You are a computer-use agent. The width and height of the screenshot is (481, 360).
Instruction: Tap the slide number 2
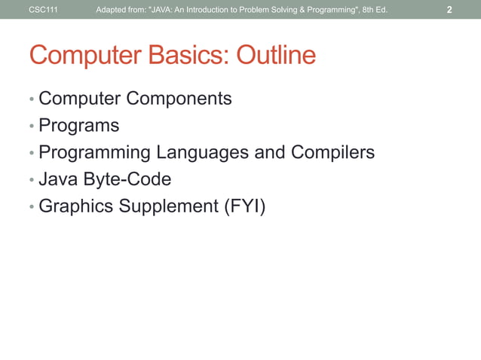click(x=449, y=10)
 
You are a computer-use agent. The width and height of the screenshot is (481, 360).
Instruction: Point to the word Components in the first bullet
click(x=179, y=99)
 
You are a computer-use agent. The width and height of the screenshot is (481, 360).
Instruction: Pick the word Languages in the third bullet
click(x=202, y=153)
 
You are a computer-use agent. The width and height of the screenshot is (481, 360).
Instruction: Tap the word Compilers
click(x=329, y=153)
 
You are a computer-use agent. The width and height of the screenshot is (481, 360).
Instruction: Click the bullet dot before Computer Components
click(x=31, y=99)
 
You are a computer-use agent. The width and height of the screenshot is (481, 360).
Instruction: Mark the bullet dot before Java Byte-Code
click(x=31, y=181)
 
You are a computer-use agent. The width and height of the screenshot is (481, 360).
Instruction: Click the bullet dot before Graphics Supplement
click(x=31, y=207)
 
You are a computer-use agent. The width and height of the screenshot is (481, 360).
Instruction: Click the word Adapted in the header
click(x=109, y=10)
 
